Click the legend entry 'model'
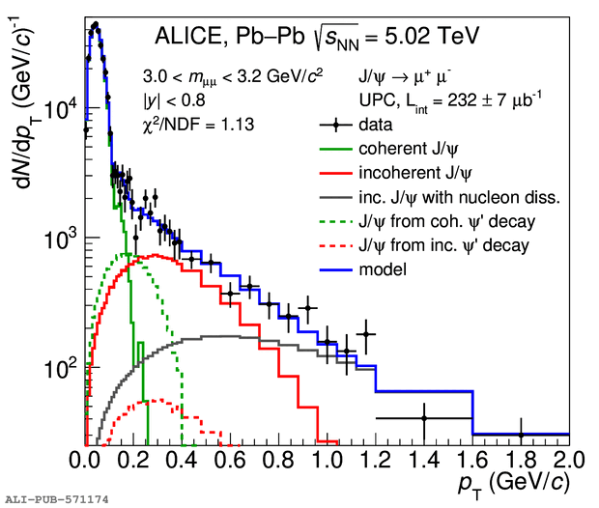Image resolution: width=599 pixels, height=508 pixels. point(381,270)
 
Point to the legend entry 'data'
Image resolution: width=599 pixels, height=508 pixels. point(376,124)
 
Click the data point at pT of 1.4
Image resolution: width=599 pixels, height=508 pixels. point(424,418)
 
